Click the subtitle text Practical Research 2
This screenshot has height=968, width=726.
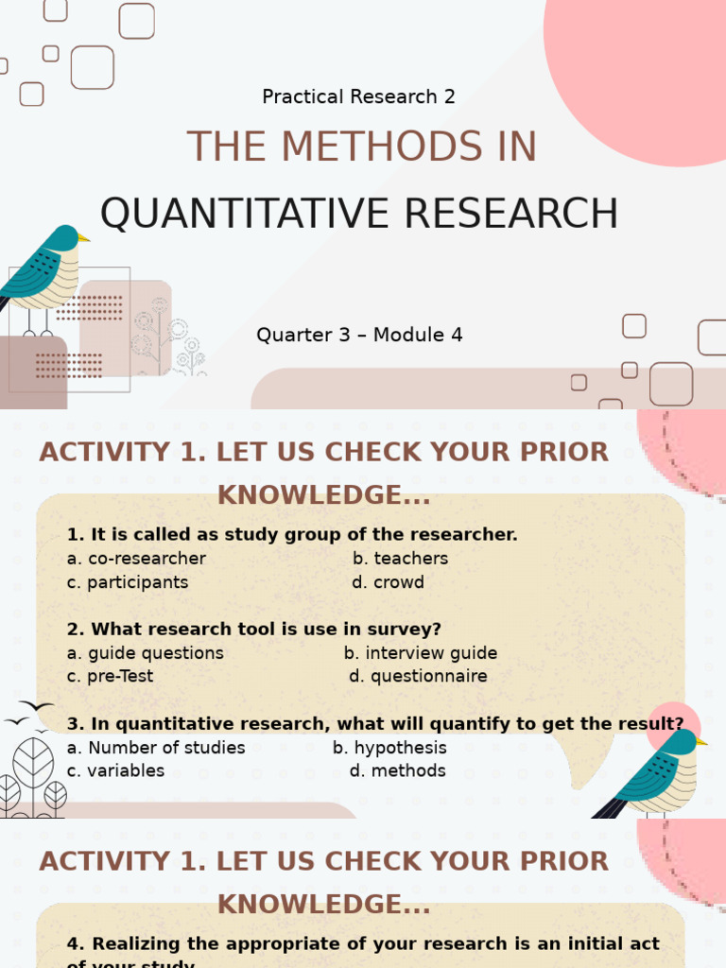(x=358, y=96)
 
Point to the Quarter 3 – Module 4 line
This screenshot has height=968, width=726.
(x=359, y=335)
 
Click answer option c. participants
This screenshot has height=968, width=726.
(x=128, y=582)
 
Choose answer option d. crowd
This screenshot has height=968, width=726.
(x=388, y=582)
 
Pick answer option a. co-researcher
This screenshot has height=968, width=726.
(x=136, y=558)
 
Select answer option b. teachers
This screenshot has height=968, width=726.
(x=400, y=558)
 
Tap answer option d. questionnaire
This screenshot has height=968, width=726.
(x=418, y=676)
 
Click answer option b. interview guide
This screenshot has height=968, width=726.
(x=420, y=653)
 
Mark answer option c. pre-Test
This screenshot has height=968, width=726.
(x=110, y=676)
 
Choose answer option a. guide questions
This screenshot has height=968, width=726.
(x=146, y=653)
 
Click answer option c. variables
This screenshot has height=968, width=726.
(x=115, y=770)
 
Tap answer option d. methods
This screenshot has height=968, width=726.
(x=397, y=770)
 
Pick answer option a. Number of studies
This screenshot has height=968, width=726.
(x=156, y=748)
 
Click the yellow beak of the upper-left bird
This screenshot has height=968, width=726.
(x=84, y=238)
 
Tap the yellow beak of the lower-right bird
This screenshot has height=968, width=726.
(x=701, y=742)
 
